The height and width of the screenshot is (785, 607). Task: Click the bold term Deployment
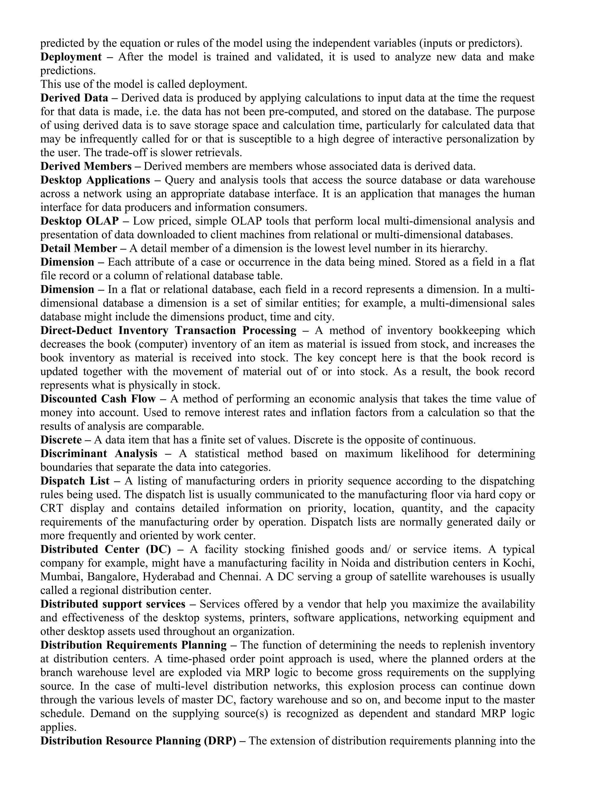pyautogui.click(x=71, y=57)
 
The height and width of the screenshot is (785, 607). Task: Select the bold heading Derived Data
pyautogui.click(x=74, y=98)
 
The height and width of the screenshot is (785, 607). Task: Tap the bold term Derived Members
pyautogui.click(x=86, y=166)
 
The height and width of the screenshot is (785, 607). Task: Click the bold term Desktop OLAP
pyautogui.click(x=79, y=221)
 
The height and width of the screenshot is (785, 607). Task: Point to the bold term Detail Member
pyautogui.click(x=78, y=248)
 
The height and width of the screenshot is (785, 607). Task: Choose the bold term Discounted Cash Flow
pyautogui.click(x=98, y=399)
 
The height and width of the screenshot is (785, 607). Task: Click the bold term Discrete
pyautogui.click(x=61, y=440)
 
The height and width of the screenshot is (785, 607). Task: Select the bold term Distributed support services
pyautogui.click(x=113, y=604)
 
